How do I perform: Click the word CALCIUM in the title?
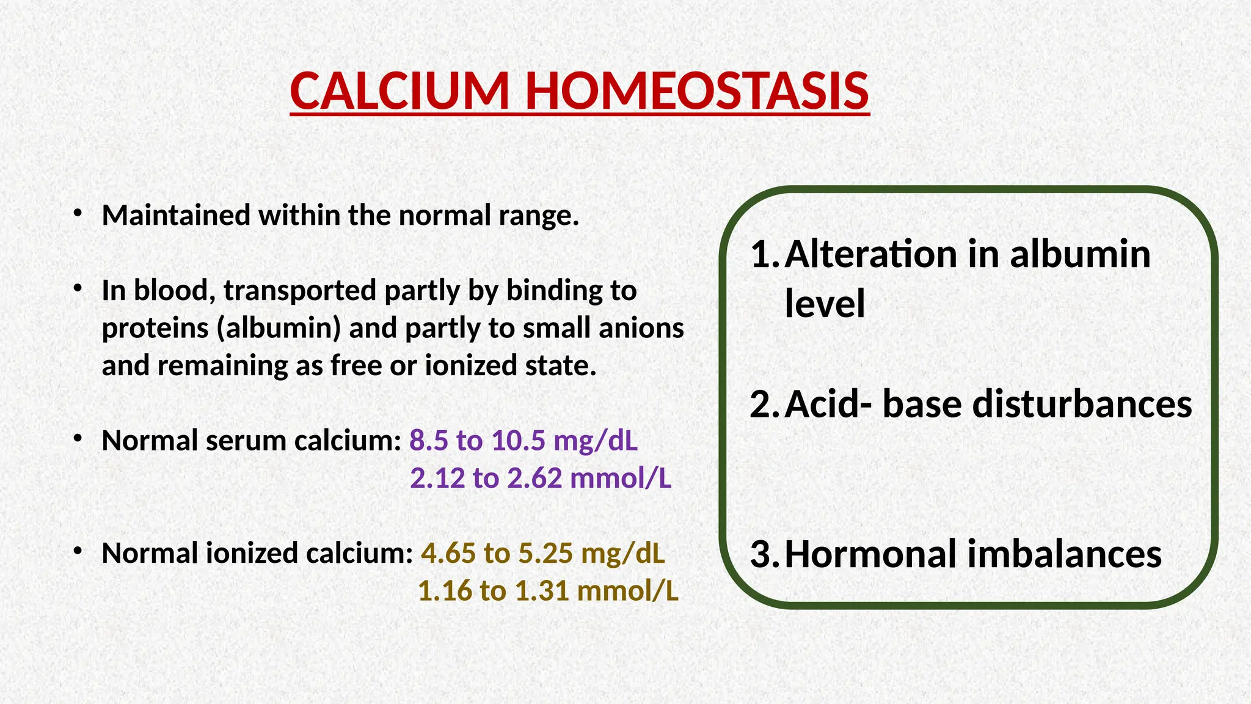[399, 92]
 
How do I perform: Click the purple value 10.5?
[518, 441]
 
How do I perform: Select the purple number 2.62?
[534, 478]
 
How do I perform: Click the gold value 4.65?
[448, 554]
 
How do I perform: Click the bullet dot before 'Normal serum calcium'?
[76, 439]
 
